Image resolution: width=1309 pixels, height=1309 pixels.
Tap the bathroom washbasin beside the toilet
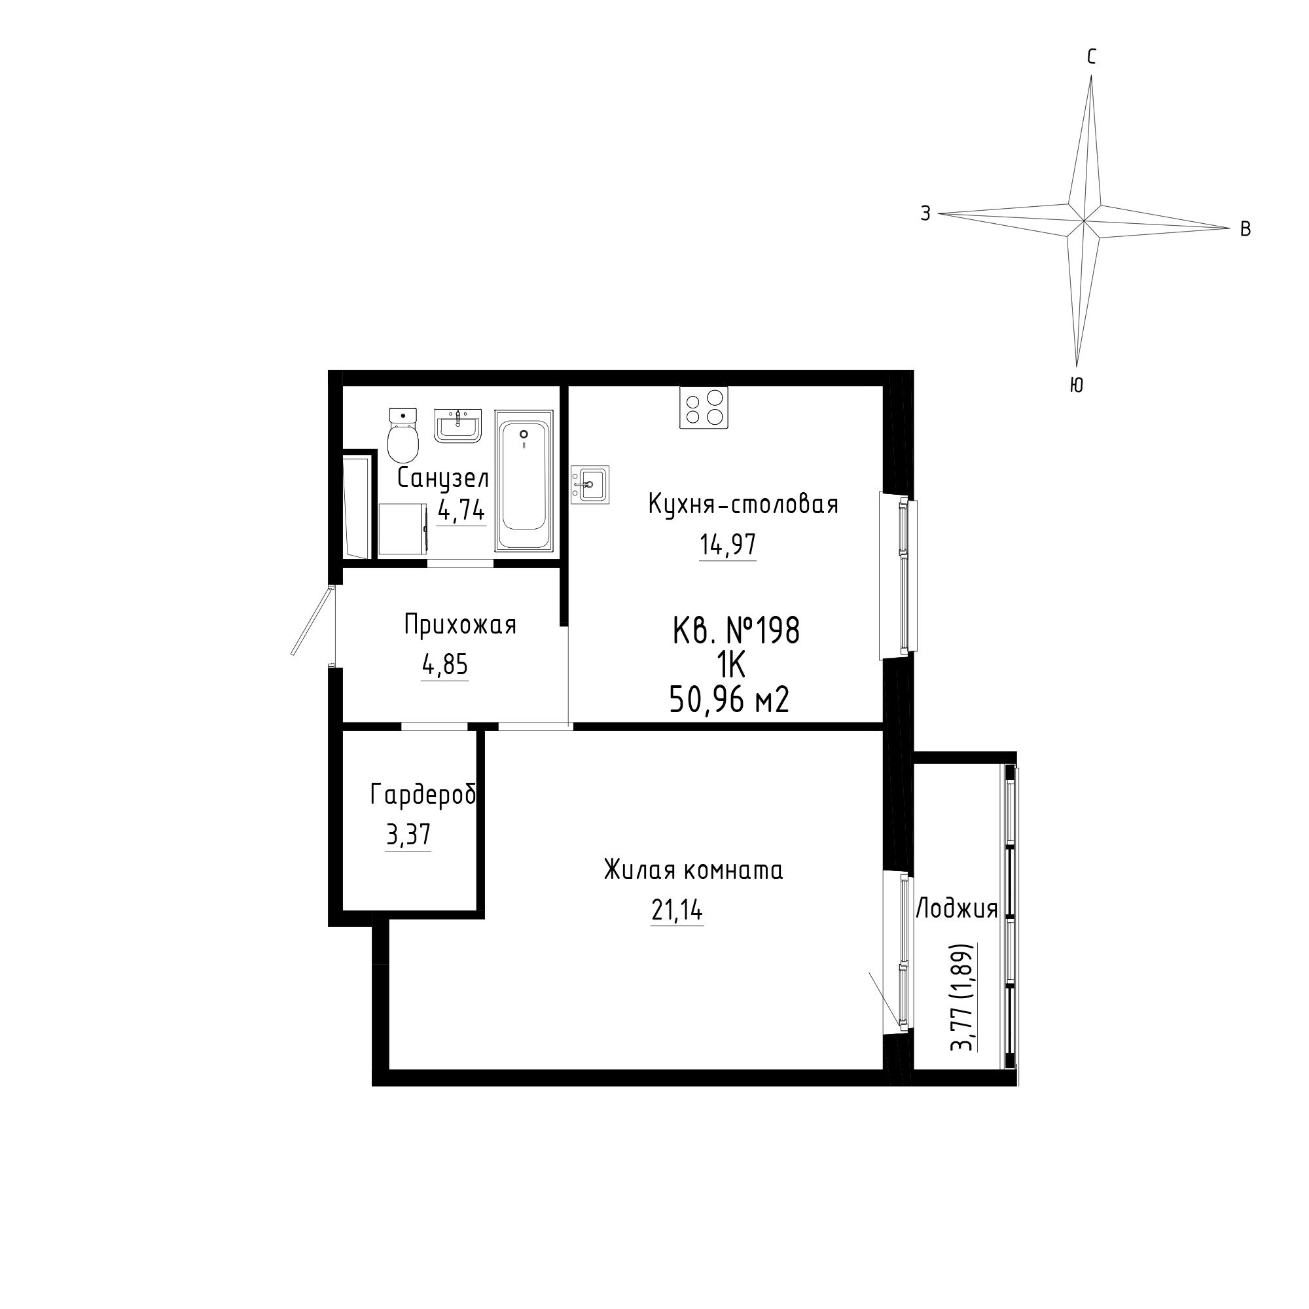click(457, 425)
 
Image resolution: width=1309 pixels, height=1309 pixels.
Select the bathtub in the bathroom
click(524, 480)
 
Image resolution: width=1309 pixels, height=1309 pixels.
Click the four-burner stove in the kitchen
click(704, 407)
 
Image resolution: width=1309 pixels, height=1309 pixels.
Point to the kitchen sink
click(590, 484)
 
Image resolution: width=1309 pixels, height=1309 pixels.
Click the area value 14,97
click(728, 545)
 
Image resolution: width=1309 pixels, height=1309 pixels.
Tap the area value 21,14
click(677, 911)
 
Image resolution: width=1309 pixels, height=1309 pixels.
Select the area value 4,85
click(445, 666)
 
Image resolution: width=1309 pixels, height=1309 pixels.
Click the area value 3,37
click(408, 835)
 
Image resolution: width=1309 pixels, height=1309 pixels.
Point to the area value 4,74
click(462, 509)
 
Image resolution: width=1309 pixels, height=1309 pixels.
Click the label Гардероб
click(423, 795)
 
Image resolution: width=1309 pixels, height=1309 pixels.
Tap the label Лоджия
click(957, 909)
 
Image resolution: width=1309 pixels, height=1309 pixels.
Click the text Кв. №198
click(736, 631)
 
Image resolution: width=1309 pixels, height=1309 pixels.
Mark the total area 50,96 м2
click(729, 700)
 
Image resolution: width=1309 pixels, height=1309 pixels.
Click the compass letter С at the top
click(1092, 58)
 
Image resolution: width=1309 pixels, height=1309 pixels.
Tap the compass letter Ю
click(1077, 386)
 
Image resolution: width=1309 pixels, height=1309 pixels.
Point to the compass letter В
click(1246, 230)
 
